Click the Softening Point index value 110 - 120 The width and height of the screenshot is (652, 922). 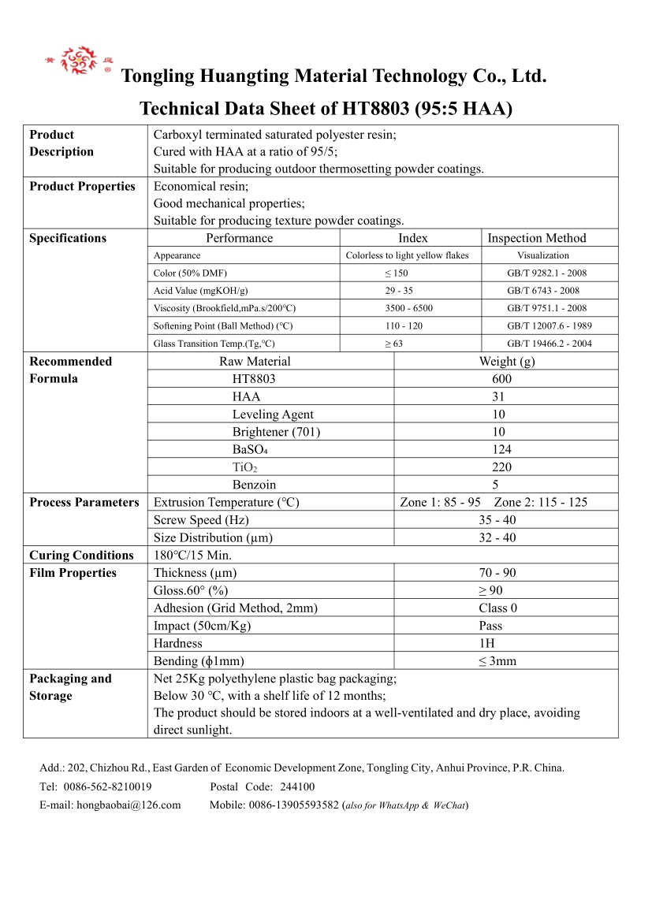tap(409, 326)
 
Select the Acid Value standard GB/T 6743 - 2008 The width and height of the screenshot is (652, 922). tap(542, 291)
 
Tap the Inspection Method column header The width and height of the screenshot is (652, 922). tap(537, 238)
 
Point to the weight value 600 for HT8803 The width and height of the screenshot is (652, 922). tap(501, 379)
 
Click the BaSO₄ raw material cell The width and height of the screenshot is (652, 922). tap(251, 449)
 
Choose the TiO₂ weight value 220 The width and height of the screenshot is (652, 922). tap(501, 467)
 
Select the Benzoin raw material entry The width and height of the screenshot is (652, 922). tap(254, 485)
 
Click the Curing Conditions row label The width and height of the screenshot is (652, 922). tap(82, 556)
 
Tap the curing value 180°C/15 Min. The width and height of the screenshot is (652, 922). tap(192, 556)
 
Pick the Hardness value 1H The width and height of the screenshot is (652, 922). tap(486, 644)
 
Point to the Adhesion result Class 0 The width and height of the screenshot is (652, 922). tap(498, 608)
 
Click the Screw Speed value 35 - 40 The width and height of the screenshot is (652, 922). tap(497, 520)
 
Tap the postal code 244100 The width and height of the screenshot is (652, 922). tap(297, 786)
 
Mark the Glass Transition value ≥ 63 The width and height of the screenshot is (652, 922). tap(393, 344)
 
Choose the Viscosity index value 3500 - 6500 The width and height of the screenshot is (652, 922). tap(409, 308)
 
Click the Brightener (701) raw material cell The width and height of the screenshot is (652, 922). tap(276, 432)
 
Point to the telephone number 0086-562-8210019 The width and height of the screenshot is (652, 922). tap(107, 786)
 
